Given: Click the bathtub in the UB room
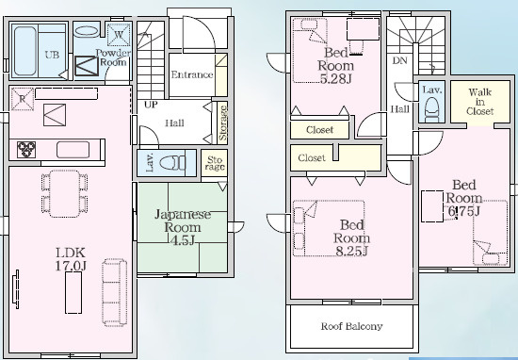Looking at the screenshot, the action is tap(25, 51).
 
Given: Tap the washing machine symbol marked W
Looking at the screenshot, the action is tap(119, 34).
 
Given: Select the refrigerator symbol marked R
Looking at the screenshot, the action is tap(23, 99).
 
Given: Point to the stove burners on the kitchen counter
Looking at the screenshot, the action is tap(26, 150).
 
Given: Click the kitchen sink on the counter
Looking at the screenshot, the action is tap(73, 150).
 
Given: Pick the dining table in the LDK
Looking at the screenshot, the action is tap(64, 193).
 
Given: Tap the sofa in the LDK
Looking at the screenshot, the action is tap(114, 292).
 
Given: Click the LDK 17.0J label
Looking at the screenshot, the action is tap(71, 259).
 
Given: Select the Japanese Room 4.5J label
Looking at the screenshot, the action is tap(183, 227).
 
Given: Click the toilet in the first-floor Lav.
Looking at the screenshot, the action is tap(172, 163).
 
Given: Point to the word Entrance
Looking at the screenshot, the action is tap(192, 74).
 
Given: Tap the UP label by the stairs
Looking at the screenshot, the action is tap(151, 105).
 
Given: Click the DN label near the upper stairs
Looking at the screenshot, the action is tap(399, 61).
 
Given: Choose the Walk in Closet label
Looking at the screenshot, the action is tap(480, 102).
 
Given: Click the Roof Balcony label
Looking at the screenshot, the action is tap(352, 326).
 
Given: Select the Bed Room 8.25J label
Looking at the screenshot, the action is tap(351, 238).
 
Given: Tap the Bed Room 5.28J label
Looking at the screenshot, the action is tap(335, 65).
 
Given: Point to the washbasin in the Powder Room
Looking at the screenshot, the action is tap(87, 31).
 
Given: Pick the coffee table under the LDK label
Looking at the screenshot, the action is tap(73, 292).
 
